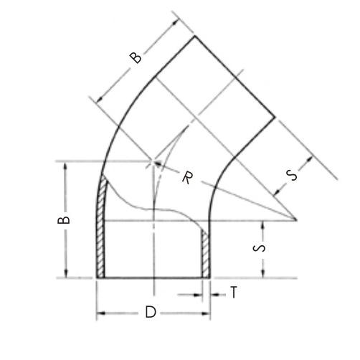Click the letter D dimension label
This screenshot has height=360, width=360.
pyautogui.click(x=151, y=312)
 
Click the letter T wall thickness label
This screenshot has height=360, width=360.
pyautogui.click(x=234, y=292)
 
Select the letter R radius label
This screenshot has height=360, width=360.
pyautogui.click(x=187, y=178)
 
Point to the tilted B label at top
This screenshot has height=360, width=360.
pyautogui.click(x=136, y=57)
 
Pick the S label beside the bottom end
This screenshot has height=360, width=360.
pyautogui.click(x=259, y=248)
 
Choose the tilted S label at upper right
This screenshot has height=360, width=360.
pyautogui.click(x=292, y=175)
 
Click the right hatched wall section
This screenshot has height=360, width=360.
pyautogui.click(x=206, y=254)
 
